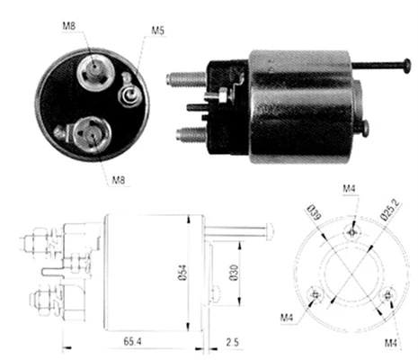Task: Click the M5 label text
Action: (157, 31)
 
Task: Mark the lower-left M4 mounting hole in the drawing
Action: (314, 294)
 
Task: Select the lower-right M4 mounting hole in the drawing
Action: (388, 294)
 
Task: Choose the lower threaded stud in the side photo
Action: (189, 136)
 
